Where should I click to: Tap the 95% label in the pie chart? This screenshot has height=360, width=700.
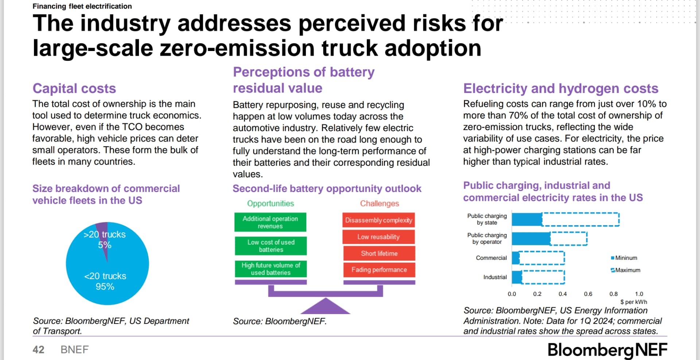pos(105,287)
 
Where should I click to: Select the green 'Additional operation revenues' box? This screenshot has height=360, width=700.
pos(270,222)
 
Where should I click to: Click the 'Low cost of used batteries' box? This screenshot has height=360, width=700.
pos(271,246)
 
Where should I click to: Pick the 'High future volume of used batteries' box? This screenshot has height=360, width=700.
pos(271,269)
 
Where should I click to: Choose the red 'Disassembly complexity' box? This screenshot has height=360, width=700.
pos(378,220)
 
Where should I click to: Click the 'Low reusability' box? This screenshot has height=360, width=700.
pos(378,237)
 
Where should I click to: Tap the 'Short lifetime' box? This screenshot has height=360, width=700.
pos(379,253)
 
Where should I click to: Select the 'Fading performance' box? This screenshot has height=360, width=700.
pos(379,270)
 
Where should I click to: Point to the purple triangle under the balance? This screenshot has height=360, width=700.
pos(325,307)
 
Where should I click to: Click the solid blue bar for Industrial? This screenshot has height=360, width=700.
pos(517,277)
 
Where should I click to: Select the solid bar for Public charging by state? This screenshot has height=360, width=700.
pos(527,219)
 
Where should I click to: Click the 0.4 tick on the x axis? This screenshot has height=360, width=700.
pos(563,294)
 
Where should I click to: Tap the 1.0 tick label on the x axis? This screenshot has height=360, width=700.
pos(639,294)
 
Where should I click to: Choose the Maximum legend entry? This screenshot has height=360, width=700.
pos(626,270)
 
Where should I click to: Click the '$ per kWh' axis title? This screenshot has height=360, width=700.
pos(634,302)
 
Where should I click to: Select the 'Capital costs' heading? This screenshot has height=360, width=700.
pos(74,89)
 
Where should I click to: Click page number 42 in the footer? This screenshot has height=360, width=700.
pos(38,350)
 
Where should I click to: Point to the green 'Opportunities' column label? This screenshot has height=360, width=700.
pos(271,203)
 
